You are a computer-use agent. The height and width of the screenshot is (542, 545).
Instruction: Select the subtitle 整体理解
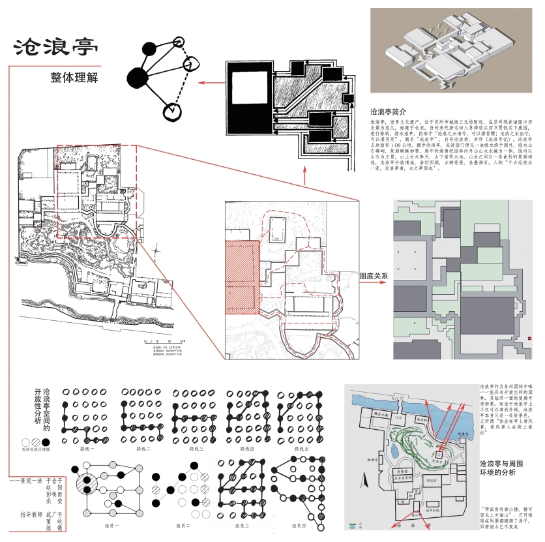coord(78,78)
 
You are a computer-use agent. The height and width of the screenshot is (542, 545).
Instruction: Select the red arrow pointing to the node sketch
coord(209,83)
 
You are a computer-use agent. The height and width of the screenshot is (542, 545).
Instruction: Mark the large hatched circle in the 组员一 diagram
coord(85,485)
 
